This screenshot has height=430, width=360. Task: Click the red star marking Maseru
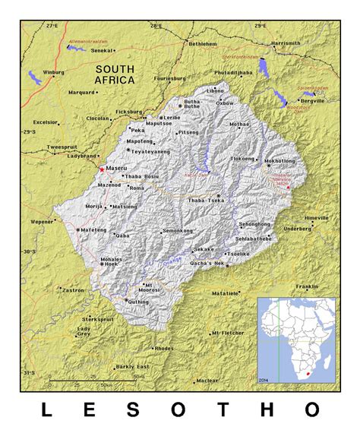pos(102,169)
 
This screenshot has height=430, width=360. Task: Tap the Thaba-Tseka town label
pos(201,201)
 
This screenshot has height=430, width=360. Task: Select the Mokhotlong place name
pos(279,161)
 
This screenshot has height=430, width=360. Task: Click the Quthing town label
pos(139,302)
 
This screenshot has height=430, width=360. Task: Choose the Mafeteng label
pos(94,229)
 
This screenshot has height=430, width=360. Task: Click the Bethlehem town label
pos(203,44)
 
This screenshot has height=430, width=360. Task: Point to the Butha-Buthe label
pos(193,105)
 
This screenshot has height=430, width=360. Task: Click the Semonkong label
pos(178,230)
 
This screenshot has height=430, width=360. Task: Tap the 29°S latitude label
pos(30,132)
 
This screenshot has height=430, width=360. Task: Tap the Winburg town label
pos(53,72)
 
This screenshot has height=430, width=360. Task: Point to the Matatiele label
pos(226,292)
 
